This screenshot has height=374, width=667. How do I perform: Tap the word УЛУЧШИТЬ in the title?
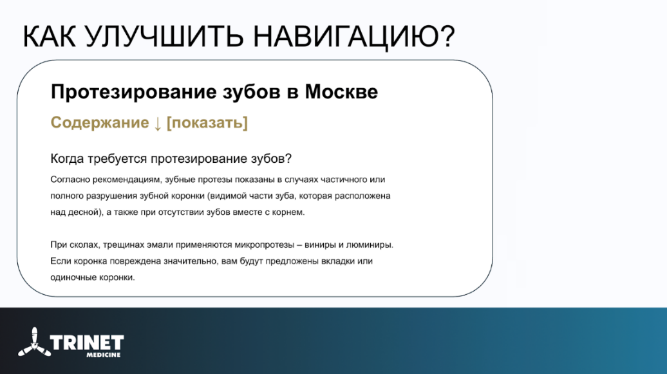(164, 37)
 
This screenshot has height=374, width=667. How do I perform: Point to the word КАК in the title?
(49, 36)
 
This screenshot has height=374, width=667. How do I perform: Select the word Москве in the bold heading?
(341, 91)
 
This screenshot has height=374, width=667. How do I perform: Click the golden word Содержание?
(100, 122)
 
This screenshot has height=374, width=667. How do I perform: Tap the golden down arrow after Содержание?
(157, 124)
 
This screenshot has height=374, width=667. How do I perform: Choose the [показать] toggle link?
(207, 123)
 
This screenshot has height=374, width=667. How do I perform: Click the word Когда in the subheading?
(68, 159)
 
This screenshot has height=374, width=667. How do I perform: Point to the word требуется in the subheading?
(118, 159)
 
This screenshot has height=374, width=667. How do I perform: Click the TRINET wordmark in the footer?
(87, 342)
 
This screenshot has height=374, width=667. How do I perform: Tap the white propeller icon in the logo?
(34, 342)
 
